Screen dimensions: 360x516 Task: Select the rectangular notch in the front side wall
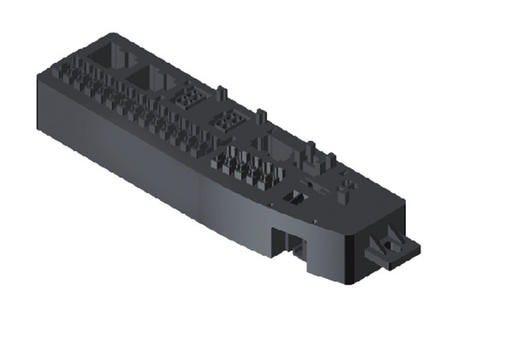289,242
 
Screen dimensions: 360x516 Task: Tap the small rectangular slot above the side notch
295,197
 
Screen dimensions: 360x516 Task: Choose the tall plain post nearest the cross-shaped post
331,163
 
